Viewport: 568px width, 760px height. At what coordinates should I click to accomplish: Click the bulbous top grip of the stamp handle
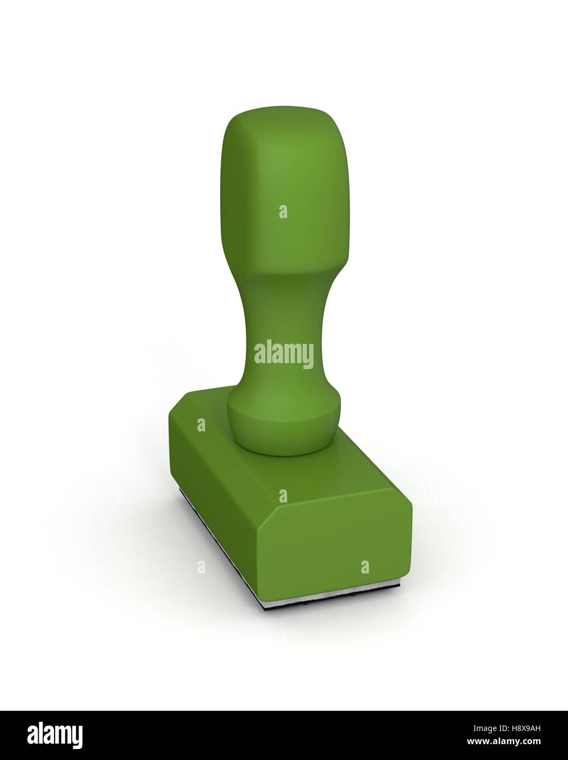pyautogui.click(x=284, y=180)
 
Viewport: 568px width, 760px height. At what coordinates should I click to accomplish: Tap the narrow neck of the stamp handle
pyautogui.click(x=284, y=328)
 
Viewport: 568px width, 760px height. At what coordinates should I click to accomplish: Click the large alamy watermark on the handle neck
pyautogui.click(x=284, y=354)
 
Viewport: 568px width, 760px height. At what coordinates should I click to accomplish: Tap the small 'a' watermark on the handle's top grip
pyautogui.click(x=283, y=212)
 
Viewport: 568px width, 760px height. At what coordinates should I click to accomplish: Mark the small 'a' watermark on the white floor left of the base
pyautogui.click(x=201, y=566)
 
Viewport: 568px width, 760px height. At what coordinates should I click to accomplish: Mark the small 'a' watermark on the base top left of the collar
pyautogui.click(x=201, y=424)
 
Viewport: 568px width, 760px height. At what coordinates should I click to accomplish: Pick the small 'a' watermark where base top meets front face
pyautogui.click(x=283, y=495)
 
